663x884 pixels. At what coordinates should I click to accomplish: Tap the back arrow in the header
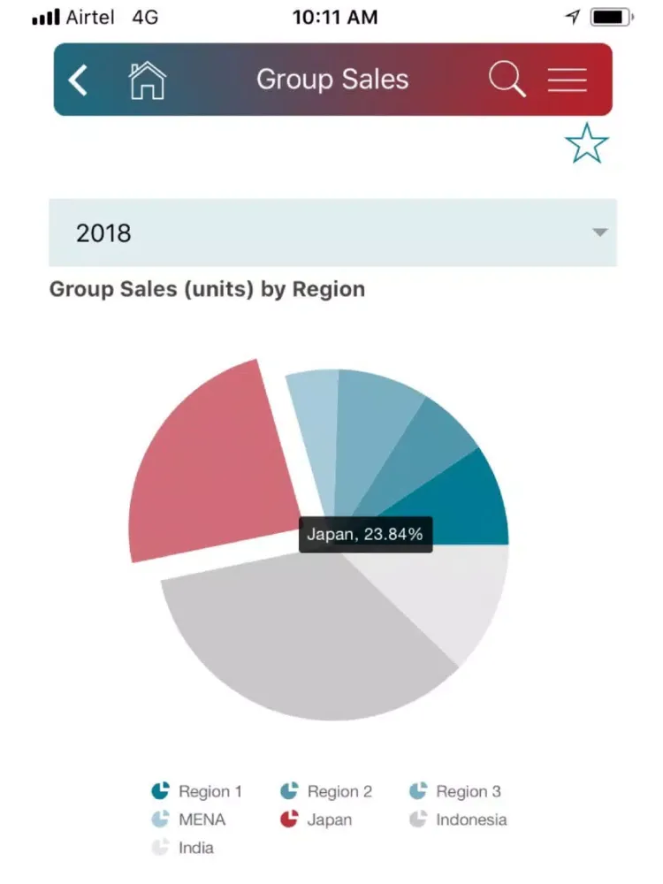(x=78, y=80)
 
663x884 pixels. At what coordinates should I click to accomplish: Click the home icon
(x=147, y=80)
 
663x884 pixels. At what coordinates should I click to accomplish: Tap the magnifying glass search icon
(x=507, y=80)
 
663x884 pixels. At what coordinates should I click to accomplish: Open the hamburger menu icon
(x=567, y=80)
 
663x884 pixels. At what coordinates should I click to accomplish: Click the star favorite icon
(x=586, y=143)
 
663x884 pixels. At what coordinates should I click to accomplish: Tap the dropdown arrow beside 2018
(x=599, y=232)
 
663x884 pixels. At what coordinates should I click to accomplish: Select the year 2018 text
(x=103, y=233)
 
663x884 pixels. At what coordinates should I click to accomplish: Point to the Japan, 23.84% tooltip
(x=365, y=534)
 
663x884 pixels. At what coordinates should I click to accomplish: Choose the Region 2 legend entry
(x=325, y=791)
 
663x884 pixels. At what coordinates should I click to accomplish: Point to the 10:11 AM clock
(x=334, y=17)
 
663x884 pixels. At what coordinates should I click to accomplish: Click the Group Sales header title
(x=332, y=80)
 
